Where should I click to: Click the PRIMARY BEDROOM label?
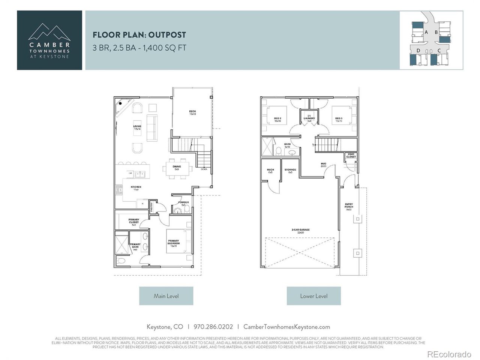tap(173, 242)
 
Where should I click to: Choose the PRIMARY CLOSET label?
tap(134, 221)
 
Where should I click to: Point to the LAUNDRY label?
tap(309, 118)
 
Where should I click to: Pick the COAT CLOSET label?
tap(351, 155)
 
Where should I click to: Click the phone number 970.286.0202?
tap(213, 327)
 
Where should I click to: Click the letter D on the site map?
tap(418, 50)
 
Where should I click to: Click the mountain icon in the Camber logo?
tap(49, 32)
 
